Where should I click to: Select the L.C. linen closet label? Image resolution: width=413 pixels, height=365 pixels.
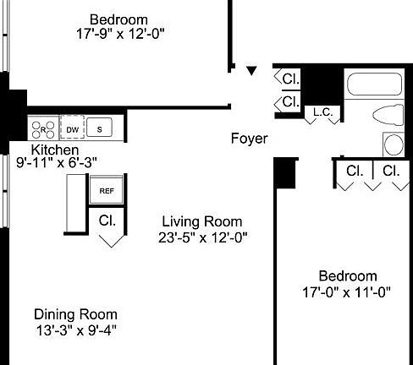click(x=322, y=112)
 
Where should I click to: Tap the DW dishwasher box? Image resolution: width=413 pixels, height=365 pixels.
click(x=73, y=128)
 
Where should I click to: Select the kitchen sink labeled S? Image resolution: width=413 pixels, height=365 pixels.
click(x=99, y=128)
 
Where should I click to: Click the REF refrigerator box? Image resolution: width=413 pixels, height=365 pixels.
click(x=107, y=191)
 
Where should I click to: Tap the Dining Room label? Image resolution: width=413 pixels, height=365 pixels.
click(x=75, y=313)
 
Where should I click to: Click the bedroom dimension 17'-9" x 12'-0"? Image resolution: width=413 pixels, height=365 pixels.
click(x=119, y=34)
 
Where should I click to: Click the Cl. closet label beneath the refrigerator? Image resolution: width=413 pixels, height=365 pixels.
click(x=107, y=221)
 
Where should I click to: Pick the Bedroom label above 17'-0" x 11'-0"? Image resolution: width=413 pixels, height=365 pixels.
click(x=347, y=275)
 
